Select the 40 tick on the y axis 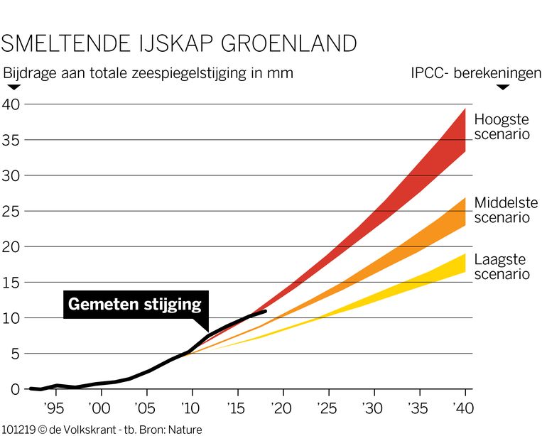(12, 104)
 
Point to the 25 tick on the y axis (12, 211)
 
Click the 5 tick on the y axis (16, 354)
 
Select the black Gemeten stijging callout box (134, 304)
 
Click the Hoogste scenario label (502, 126)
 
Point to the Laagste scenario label (502, 267)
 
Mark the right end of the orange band (465, 212)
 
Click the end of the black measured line (266, 310)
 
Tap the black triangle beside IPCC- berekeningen (504, 87)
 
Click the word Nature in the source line (185, 430)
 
